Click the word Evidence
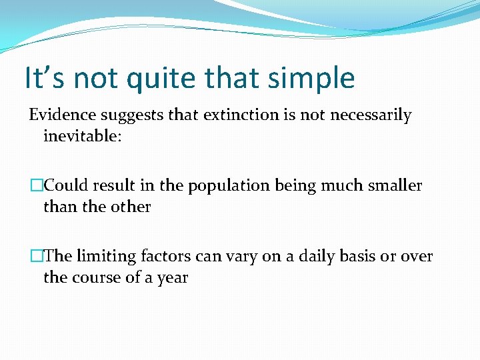tap(63, 115)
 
